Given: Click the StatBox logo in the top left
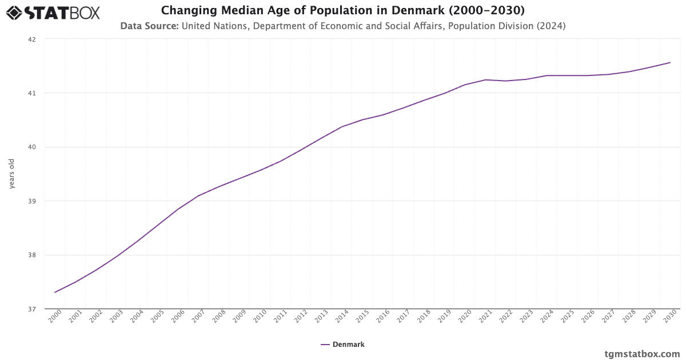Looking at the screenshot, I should (x=53, y=12).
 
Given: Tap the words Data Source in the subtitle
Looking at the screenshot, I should (x=149, y=26).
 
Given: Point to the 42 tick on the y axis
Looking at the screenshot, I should (x=31, y=39).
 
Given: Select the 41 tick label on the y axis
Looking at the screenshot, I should (x=31, y=93).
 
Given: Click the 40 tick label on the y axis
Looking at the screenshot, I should (x=31, y=147).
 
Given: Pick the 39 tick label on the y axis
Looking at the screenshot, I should (x=31, y=201).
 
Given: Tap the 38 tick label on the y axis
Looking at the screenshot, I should (x=31, y=255).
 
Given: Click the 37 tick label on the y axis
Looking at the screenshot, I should (x=31, y=309).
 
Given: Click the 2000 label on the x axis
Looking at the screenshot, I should (x=54, y=317).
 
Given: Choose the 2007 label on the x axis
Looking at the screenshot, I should (x=198, y=317).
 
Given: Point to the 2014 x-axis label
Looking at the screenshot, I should (x=341, y=317).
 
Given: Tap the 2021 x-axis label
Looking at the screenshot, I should (x=485, y=317).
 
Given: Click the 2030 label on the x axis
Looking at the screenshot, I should (x=669, y=317).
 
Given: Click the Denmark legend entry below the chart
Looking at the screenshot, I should (x=343, y=345).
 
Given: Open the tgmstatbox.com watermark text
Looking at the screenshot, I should (x=642, y=354).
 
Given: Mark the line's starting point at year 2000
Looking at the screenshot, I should (x=55, y=293).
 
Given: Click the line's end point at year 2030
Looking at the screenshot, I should (x=670, y=62).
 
